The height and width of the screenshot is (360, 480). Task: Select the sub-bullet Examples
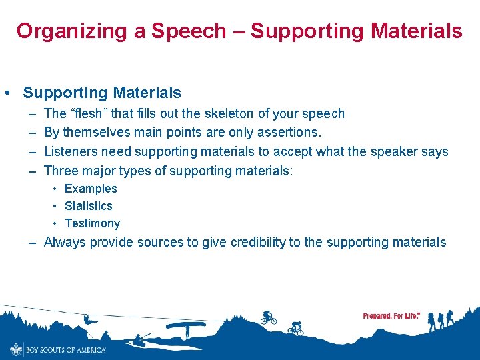(91, 189)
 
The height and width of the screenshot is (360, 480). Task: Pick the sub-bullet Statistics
(89, 206)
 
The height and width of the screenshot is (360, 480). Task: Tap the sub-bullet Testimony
(92, 223)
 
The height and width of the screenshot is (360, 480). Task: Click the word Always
(65, 242)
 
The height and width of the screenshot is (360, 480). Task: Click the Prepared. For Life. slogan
(391, 315)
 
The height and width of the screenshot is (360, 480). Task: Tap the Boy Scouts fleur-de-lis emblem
(15, 349)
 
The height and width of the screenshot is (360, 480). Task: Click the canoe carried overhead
(186, 326)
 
